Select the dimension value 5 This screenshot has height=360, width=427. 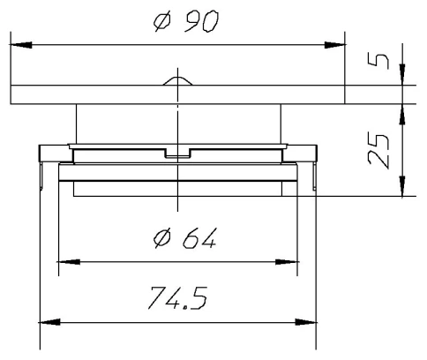coord(378,64)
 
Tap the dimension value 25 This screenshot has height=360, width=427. coord(379,149)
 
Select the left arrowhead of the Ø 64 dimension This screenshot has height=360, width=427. coord(66,261)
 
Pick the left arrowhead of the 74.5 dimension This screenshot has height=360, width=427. coord(48,321)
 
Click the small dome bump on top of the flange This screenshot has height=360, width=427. coord(177,80)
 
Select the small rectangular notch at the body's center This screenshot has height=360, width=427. coord(177,156)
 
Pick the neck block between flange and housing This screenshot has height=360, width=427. coord(115,124)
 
